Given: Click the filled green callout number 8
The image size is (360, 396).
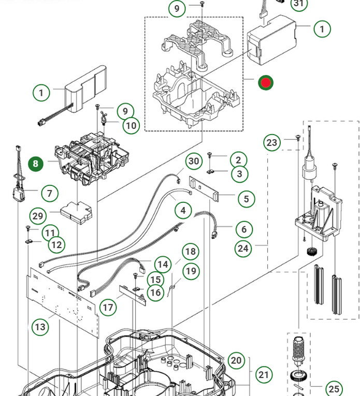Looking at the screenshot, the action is click(36, 164).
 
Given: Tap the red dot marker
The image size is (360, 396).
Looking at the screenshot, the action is click(266, 83).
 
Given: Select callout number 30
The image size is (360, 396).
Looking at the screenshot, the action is click(194, 161).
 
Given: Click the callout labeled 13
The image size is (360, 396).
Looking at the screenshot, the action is click(40, 327).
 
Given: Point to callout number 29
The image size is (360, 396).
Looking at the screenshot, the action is click(38, 216).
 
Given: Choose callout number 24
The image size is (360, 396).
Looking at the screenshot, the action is click(243, 248).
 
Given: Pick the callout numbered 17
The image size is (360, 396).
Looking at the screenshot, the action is click(108, 307).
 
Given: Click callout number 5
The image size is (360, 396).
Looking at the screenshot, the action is click(247, 199).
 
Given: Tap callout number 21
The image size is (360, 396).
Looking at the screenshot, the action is click(264, 375).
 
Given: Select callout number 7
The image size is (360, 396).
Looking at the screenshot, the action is click(50, 194).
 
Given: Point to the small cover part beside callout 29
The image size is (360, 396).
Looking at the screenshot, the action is click(76, 213).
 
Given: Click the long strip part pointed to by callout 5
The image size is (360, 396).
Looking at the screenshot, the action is click(204, 188).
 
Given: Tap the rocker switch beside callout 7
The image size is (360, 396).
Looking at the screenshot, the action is click(19, 192).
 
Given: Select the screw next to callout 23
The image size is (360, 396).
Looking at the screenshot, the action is click(298, 138).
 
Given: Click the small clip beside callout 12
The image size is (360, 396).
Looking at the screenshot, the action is click(29, 241).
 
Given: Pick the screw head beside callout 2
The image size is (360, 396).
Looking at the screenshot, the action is click(209, 154).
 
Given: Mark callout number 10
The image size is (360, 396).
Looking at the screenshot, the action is click(131, 125).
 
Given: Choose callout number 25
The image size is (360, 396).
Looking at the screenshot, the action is click(334, 389).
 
